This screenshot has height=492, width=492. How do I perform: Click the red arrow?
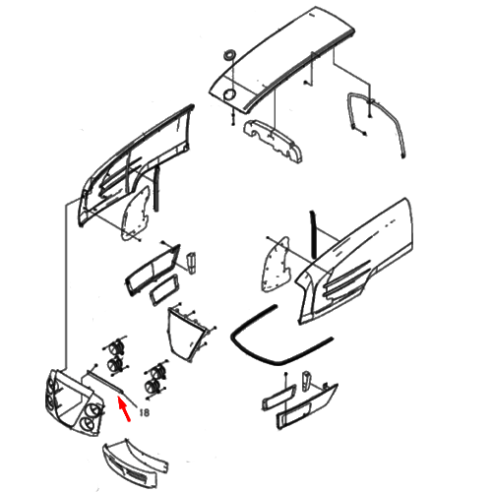coord(124,408)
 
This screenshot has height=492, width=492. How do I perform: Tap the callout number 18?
coord(145,412)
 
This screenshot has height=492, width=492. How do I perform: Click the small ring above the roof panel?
coord(229,55)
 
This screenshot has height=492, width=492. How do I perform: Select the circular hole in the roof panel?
coord(229,94)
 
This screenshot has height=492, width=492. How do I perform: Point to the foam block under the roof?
coord(273,140)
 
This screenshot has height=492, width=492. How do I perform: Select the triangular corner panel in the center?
coord(187,335)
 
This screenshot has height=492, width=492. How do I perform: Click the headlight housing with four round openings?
coord(75,402)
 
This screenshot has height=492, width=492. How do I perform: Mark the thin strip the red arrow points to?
coord(104,382)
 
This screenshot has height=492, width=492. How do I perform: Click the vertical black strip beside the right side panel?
coord(313,234)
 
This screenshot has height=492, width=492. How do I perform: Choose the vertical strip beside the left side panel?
coord(157,189)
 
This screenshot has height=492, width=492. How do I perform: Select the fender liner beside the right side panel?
coord(276,264)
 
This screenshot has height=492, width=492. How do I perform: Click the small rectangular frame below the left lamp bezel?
coord(164,290)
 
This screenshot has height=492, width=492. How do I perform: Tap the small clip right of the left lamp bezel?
coord(190,263)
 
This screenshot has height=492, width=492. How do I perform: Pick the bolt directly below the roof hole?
coord(232,118)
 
